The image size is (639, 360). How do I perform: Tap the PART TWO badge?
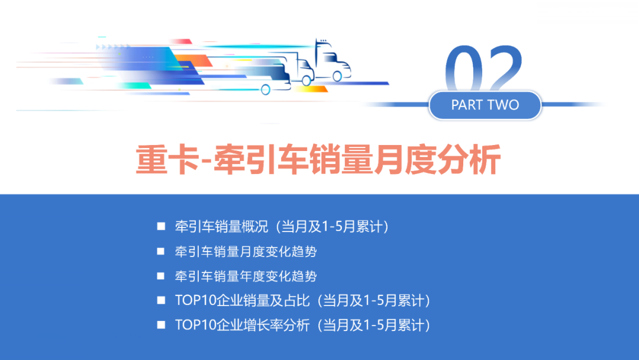485,105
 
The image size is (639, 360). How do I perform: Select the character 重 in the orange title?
151,159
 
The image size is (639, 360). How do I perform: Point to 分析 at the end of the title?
470,159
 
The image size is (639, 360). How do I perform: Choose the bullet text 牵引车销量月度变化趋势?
246,251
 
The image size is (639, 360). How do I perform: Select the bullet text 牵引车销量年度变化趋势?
246,276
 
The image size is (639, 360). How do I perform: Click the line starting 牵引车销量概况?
281,226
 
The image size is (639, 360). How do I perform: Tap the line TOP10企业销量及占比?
302,300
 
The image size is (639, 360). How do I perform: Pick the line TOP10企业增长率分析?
302,325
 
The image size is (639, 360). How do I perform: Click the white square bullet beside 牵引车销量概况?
161,226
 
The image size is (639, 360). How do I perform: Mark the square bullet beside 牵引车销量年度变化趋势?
161,276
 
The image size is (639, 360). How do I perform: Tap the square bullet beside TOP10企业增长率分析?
161,325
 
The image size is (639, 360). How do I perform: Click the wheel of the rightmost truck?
338,76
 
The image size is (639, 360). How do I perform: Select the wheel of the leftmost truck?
266,89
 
